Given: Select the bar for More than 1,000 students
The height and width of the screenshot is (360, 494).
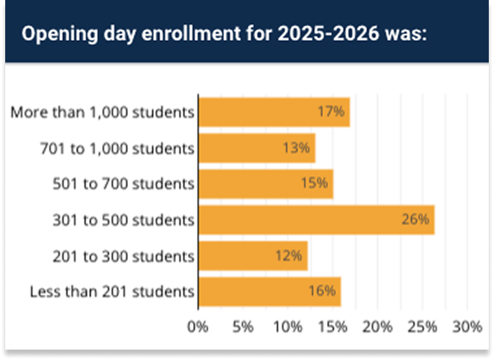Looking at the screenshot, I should tap(274, 112).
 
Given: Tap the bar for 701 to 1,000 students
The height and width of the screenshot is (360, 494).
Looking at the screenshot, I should tap(256, 148).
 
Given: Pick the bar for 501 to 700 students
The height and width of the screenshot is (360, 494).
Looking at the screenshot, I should tap(265, 184).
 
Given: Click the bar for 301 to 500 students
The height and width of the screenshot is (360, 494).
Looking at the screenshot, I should tap(316, 220).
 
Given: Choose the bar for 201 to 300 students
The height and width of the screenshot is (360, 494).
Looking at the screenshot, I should tap(252, 255).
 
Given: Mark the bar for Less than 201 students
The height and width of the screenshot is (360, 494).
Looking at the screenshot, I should tap(269, 291).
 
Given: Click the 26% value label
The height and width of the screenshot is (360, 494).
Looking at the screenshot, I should tap(415, 220).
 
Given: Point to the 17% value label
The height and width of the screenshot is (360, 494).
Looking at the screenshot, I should tap(331, 112).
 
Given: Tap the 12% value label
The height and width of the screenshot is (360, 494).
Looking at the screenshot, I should tap(289, 255).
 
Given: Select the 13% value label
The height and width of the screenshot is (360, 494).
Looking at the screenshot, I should tap(296, 148).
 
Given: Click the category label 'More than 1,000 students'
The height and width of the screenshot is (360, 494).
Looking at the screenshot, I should tap(102, 112).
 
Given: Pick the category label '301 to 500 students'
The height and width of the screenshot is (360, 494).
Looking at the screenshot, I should tap(123, 220).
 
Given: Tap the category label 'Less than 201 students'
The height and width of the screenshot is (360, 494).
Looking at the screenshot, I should tap(112, 291).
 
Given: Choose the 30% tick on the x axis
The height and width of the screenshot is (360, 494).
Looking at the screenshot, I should tap(467, 326).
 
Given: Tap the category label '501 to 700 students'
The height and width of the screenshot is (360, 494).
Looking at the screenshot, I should tap(123, 184).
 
